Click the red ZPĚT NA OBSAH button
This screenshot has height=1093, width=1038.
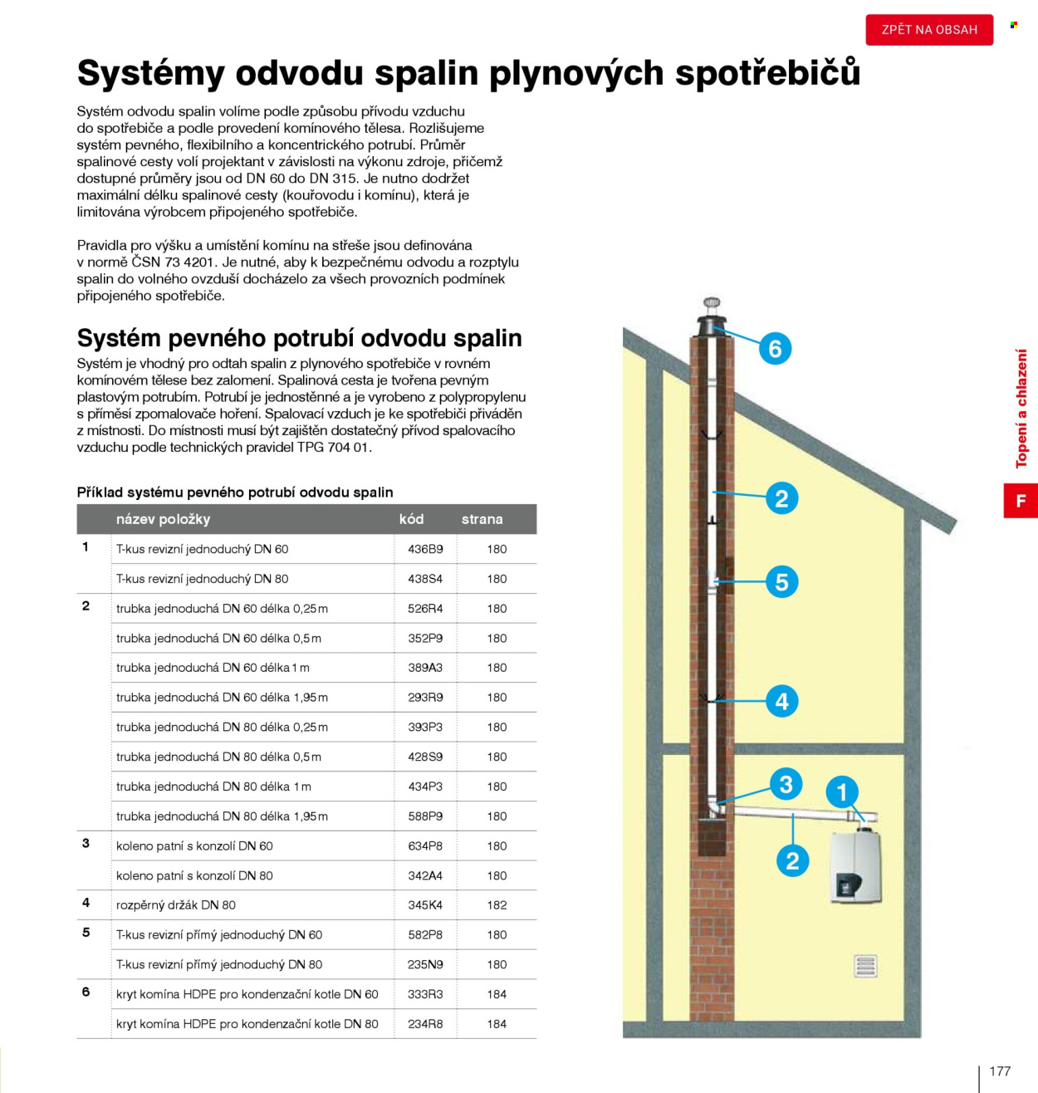[929, 29]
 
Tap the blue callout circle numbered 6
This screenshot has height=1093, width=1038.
[775, 349]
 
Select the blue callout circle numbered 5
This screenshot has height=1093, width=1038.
[781, 581]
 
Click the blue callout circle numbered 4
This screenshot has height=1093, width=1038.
[781, 700]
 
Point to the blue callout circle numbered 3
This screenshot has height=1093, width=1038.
[786, 784]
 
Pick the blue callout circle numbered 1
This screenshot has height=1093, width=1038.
[842, 792]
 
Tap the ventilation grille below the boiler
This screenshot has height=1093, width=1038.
[865, 966]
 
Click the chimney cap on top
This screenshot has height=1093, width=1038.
[712, 318]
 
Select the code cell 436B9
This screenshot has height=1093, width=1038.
[425, 549]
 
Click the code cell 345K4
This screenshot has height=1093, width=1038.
[425, 904]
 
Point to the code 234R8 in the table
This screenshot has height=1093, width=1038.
[425, 1023]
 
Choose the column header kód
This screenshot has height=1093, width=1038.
[411, 519]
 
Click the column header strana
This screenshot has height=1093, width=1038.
[482, 519]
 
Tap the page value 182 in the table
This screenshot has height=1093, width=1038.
[497, 904]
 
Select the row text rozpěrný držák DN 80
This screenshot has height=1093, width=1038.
[176, 904]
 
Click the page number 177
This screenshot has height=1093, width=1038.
[1000, 1071]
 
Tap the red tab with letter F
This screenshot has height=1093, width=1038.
[1021, 500]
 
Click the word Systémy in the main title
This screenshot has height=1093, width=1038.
[150, 73]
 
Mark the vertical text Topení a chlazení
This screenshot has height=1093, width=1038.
[1021, 409]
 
